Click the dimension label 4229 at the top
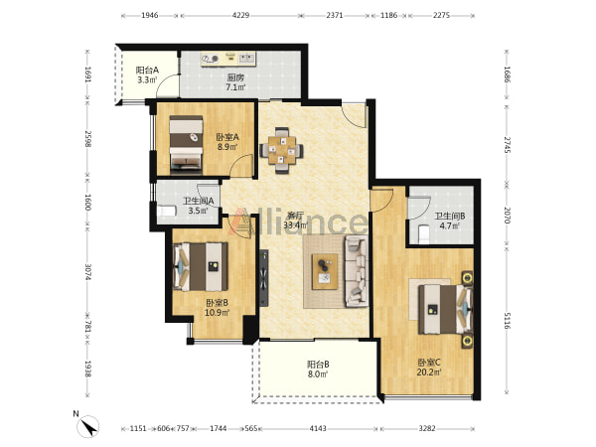(x=240, y=15)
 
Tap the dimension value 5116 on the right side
(x=507, y=321)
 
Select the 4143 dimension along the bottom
(x=318, y=428)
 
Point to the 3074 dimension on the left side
(x=87, y=272)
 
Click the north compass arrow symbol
(x=88, y=426)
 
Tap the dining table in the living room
(x=282, y=150)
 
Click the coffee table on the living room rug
(x=325, y=272)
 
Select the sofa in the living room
(x=357, y=271)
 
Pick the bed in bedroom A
(x=186, y=144)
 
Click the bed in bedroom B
(x=201, y=267)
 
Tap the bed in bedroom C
(x=445, y=309)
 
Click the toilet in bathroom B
(x=423, y=234)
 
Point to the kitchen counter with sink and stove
(x=228, y=59)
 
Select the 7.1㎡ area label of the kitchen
(x=235, y=87)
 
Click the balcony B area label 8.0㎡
(x=318, y=374)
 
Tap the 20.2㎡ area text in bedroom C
(x=429, y=372)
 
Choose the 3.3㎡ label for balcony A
(x=147, y=79)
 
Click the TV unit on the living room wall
(x=263, y=278)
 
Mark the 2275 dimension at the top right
(x=441, y=15)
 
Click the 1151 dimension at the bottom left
(x=138, y=428)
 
